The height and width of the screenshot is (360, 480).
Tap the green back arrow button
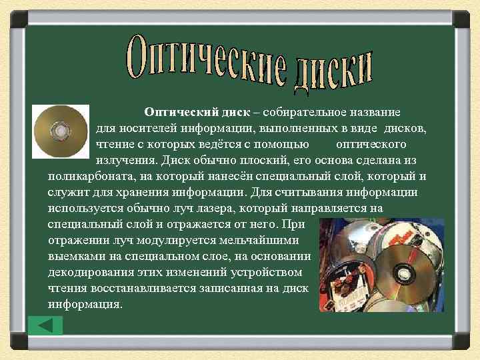tap(46, 325)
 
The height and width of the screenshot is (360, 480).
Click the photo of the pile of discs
tap(381, 265)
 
